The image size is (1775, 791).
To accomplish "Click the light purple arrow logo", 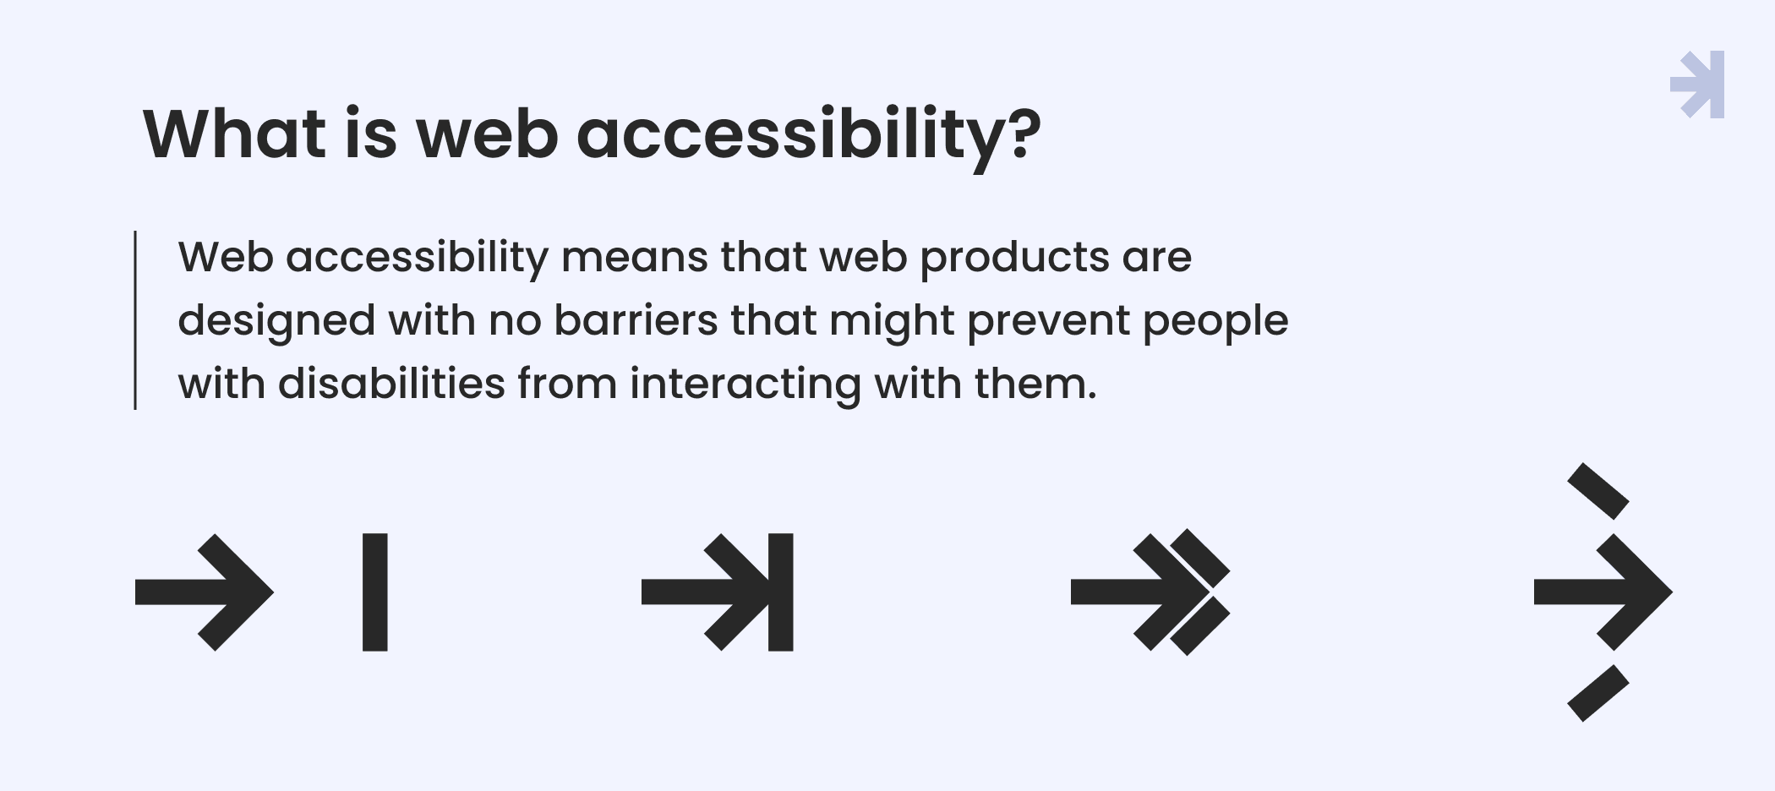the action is (1697, 85).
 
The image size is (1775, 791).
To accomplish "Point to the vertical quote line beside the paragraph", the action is (135, 320).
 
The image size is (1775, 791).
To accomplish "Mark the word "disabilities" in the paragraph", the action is (391, 384).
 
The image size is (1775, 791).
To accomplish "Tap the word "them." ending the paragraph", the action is (1035, 384).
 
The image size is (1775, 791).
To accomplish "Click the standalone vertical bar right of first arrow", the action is (375, 592).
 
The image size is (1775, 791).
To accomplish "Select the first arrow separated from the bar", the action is (205, 592).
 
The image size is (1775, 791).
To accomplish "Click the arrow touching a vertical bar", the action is (718, 592).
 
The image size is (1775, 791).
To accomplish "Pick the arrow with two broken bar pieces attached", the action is (1150, 592).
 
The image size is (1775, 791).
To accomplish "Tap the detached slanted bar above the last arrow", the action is (1598, 491).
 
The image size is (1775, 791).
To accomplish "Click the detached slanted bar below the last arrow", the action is (1598, 693).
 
